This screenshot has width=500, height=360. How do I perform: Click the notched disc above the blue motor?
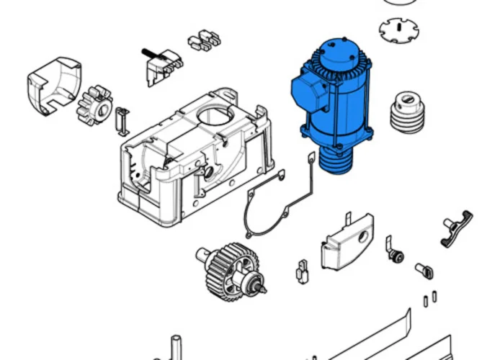point(398,31)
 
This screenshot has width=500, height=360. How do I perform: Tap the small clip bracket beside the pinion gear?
point(123,121)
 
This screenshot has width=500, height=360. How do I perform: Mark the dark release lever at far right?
point(456,228)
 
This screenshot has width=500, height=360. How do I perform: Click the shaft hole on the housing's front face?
point(207,174)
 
